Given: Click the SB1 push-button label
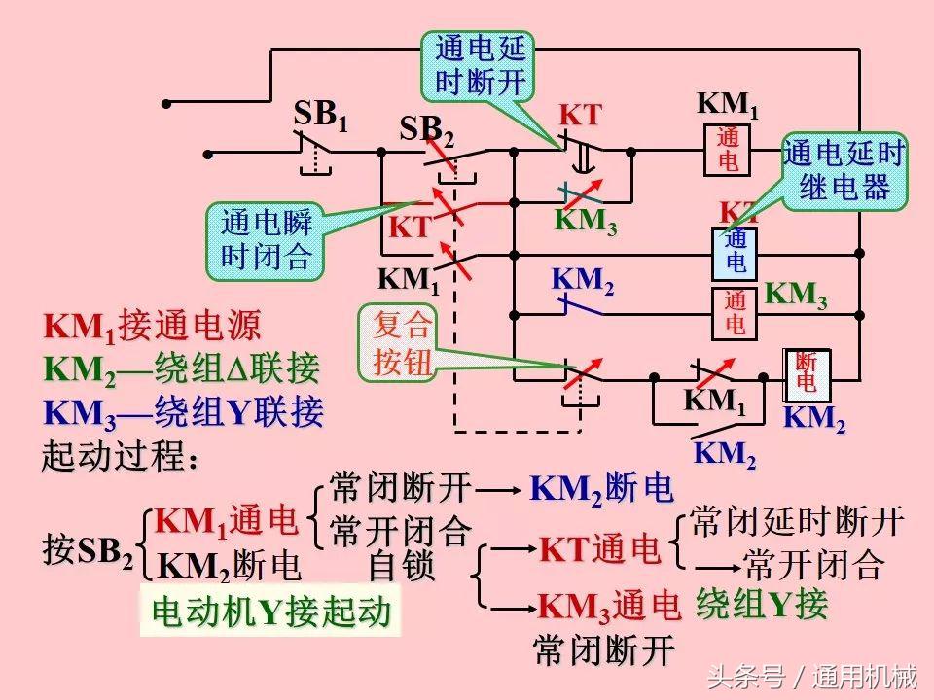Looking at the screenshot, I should tap(320, 116).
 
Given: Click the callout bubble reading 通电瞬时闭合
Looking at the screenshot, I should tap(266, 239).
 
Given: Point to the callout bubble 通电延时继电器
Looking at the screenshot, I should tap(844, 170).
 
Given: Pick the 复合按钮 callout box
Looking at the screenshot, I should tap(401, 345).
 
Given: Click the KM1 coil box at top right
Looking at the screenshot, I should tap(728, 150).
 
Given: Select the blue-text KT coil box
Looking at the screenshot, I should tap(736, 252).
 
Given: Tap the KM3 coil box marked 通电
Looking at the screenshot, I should tap(736, 313).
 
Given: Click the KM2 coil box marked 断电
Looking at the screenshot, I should tap(806, 373).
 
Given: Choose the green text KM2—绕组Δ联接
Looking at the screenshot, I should tap(181, 369).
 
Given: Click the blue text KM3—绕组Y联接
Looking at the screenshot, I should tap(183, 413).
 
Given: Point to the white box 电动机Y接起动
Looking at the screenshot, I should tap(270, 612).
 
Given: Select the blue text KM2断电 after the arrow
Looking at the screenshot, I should tap(601, 489).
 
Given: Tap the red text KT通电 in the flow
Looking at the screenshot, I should tap(600, 551).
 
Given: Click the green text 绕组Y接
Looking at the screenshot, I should tap(762, 605).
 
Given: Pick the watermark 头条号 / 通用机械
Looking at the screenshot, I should tap(811, 675).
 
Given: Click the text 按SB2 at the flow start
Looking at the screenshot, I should tap(88, 551).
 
